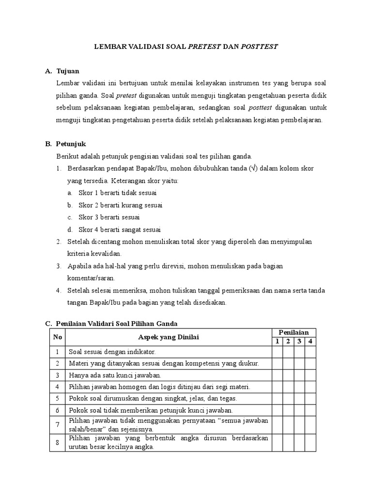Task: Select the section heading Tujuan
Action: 68,71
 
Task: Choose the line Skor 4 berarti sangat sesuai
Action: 120,230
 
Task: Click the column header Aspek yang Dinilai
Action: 168,337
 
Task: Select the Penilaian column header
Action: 294,332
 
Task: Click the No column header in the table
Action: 57,337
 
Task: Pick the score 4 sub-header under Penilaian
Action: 310,341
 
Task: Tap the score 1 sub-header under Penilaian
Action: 277,341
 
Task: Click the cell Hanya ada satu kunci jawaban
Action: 115,375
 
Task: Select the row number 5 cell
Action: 57,398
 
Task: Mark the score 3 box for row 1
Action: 299,352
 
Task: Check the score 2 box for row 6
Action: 288,410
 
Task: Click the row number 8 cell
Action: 57,442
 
